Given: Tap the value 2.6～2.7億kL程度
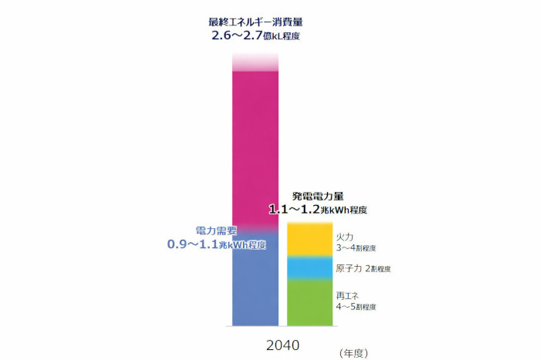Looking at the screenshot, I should click(x=255, y=35).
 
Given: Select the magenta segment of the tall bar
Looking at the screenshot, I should click(x=255, y=146).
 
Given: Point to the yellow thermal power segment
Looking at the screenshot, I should click(x=309, y=240).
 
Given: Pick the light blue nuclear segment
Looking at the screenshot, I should click(x=309, y=267).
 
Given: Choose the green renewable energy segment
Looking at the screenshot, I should click(x=309, y=302).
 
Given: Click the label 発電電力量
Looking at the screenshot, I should click(x=317, y=196).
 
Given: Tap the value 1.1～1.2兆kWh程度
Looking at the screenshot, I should click(x=317, y=209).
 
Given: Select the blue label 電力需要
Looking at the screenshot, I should click(x=216, y=230).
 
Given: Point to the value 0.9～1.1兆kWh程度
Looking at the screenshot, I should click(x=217, y=244).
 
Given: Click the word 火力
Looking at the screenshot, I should click(x=345, y=237).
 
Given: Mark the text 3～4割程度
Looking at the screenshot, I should click(x=356, y=249).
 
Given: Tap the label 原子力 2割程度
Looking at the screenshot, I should click(x=363, y=269).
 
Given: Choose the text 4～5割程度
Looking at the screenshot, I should click(x=356, y=307).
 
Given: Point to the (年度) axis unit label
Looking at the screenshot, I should click(x=353, y=352).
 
